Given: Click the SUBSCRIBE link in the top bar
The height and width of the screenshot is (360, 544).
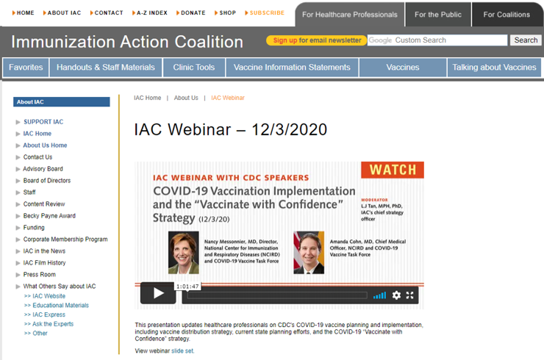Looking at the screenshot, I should click(x=266, y=12).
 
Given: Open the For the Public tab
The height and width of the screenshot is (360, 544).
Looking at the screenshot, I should click(x=438, y=14).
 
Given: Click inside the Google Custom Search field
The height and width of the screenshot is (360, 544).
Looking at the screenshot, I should click(x=437, y=40).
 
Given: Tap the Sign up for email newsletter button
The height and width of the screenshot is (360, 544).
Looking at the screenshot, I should click(x=316, y=40).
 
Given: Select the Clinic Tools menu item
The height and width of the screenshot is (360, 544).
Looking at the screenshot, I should click(x=194, y=67).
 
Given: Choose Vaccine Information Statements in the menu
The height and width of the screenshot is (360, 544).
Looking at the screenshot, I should click(x=292, y=67).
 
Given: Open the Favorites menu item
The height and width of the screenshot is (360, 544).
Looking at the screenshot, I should click(x=26, y=67).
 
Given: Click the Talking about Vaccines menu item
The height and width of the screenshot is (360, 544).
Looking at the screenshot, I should click(x=494, y=67).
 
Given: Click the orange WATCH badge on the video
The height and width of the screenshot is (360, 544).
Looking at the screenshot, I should click(x=392, y=170).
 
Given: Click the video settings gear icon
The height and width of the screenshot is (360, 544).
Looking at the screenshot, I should click(x=396, y=295).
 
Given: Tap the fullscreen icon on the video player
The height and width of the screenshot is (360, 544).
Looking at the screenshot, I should click(x=410, y=295).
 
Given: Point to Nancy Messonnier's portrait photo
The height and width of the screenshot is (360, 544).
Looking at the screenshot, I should click(x=183, y=253).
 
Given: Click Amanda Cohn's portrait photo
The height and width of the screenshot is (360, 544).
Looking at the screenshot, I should click(x=309, y=253).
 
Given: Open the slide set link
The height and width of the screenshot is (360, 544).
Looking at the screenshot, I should click(x=183, y=351).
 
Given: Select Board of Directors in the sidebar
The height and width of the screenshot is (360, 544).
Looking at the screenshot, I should click(x=47, y=180).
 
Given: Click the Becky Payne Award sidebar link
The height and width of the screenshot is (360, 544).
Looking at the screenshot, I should click(x=49, y=215).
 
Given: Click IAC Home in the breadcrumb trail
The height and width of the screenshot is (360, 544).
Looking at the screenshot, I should click(x=147, y=98).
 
